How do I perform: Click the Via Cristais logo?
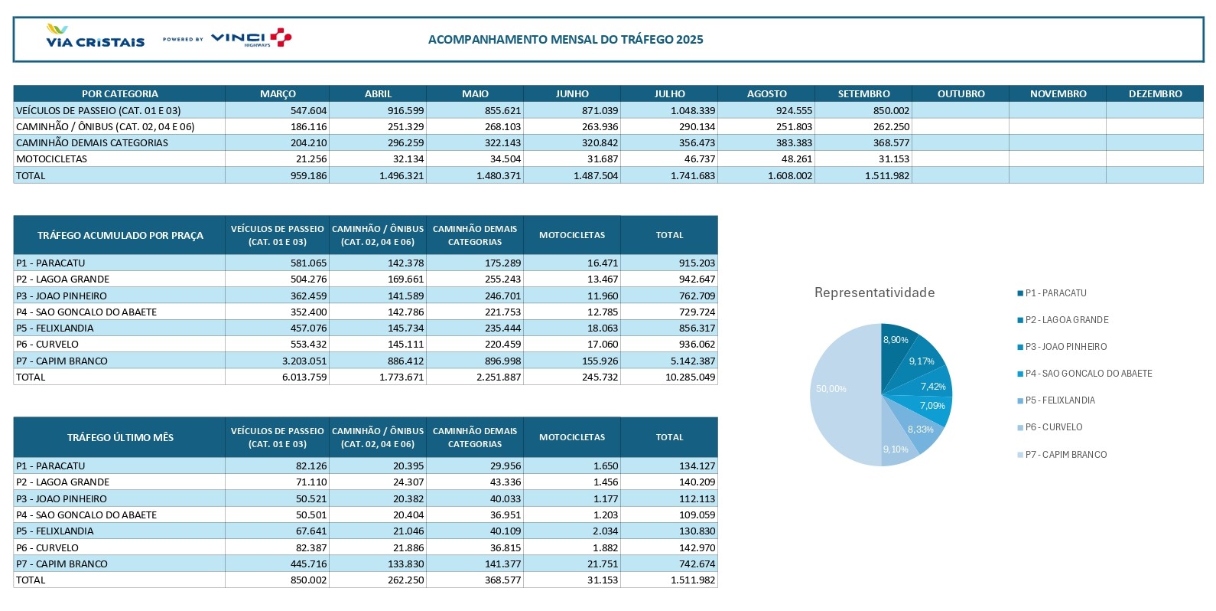(x=95, y=37)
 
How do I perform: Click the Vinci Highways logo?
(x=251, y=38)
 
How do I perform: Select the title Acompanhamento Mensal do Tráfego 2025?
(x=565, y=40)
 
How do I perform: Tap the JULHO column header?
(x=669, y=94)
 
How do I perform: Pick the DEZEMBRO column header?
(x=1155, y=94)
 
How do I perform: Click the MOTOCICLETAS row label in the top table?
(x=52, y=159)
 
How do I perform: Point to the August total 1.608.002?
(x=790, y=176)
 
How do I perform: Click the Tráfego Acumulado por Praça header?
(x=120, y=236)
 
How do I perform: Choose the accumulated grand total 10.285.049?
(x=690, y=377)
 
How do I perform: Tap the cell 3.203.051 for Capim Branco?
(x=304, y=361)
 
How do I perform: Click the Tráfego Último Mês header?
(x=120, y=438)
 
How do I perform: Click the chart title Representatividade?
(x=874, y=292)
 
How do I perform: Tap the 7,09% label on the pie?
(x=932, y=406)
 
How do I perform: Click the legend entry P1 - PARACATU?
(x=1055, y=293)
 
